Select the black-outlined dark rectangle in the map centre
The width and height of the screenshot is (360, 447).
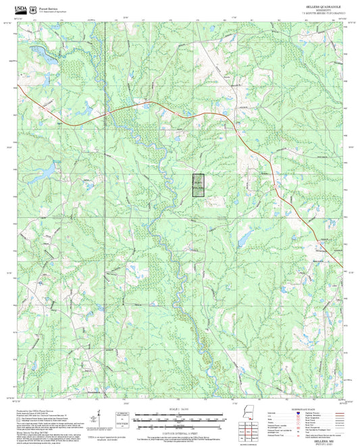[198, 185]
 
